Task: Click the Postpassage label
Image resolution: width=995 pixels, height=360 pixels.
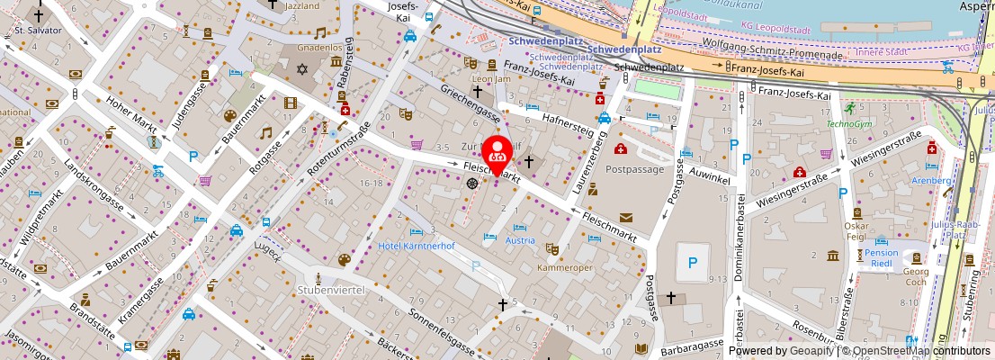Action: pos(634,168)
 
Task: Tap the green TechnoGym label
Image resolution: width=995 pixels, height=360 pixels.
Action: pos(849,123)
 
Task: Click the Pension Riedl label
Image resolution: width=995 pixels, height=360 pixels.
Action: pos(882,259)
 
